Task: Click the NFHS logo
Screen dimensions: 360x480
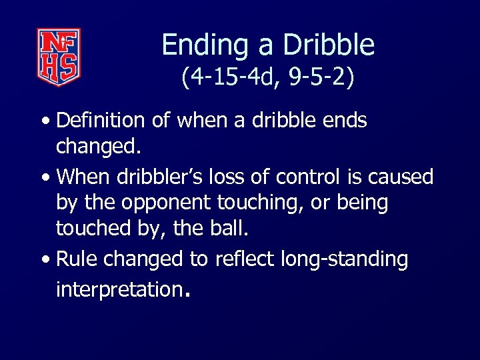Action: coord(59,57)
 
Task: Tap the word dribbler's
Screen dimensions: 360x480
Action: coord(158,177)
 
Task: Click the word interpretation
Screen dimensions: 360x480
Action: coord(118,290)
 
